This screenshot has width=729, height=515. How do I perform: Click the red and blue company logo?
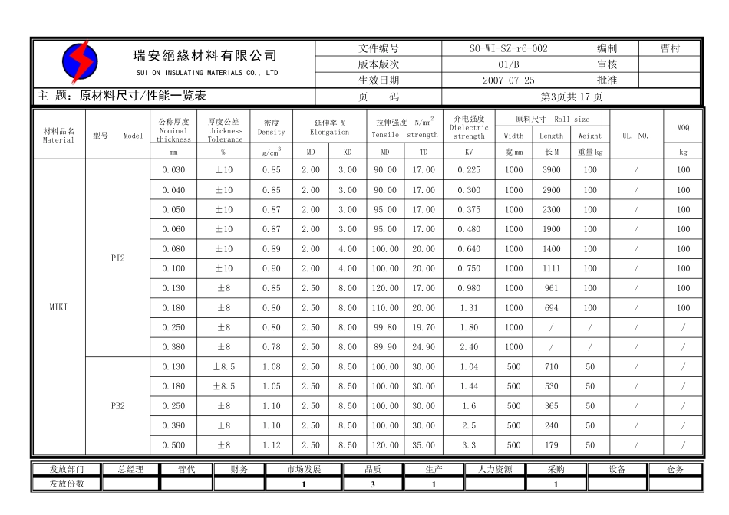point(79,62)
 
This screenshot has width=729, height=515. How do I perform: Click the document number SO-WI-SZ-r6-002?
point(508,48)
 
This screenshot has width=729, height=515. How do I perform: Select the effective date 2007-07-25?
point(508,80)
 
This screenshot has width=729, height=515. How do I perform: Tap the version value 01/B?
point(508,64)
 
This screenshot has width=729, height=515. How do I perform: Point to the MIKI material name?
point(58,307)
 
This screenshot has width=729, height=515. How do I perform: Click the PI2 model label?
point(117,258)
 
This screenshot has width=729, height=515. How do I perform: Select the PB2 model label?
point(117,406)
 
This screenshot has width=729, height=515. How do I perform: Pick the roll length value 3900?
point(551,170)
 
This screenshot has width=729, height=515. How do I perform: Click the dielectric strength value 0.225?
point(469,170)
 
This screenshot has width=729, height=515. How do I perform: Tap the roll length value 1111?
point(551,268)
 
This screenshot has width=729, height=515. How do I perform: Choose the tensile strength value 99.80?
point(385,327)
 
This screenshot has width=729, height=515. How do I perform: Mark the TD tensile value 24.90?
point(424,347)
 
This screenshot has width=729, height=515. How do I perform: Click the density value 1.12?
point(271,445)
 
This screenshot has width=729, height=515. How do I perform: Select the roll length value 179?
point(551,445)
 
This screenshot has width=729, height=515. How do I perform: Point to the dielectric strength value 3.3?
point(469,445)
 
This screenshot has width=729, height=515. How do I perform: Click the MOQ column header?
point(683,127)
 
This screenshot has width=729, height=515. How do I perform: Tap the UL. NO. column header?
point(635,136)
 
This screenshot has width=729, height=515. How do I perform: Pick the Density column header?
point(271,127)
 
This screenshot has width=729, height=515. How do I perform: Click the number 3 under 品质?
point(372,484)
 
